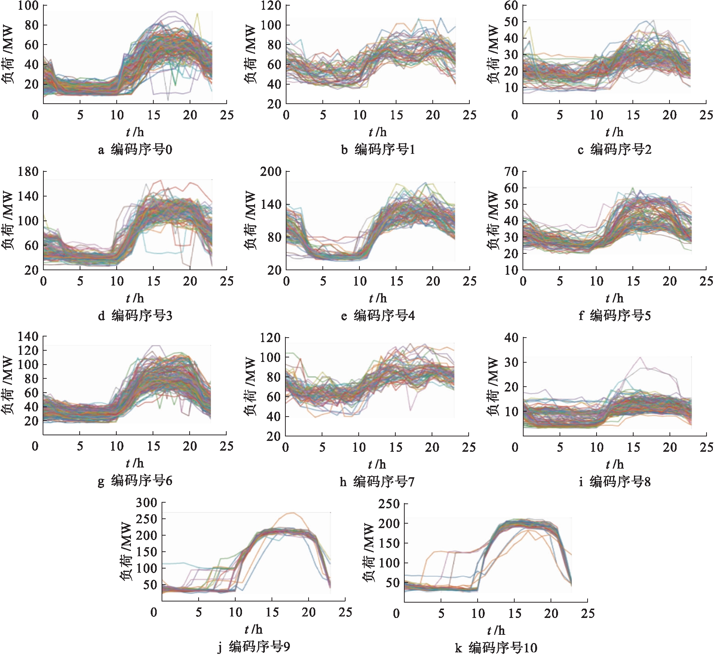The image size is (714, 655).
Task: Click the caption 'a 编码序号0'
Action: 135,150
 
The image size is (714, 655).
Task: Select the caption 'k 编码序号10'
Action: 496,648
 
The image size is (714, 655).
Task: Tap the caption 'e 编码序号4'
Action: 377,316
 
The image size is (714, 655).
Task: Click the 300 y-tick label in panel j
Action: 147,502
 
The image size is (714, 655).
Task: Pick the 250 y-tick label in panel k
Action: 389,504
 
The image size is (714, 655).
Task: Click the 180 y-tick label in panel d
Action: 28,172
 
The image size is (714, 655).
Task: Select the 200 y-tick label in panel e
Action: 271,172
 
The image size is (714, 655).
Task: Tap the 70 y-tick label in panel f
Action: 511,172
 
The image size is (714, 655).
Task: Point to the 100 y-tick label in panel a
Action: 28,6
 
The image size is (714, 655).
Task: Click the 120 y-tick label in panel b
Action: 271,6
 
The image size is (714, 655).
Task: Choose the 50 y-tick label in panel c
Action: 511,22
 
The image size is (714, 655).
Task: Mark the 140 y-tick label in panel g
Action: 28,336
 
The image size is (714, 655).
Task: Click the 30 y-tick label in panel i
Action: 511,362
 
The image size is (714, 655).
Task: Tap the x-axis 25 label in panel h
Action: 469,447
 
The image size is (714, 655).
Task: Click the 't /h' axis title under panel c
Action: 615,132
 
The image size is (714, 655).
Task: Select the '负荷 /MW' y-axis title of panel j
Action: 126,552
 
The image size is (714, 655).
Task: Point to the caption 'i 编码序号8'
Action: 615,482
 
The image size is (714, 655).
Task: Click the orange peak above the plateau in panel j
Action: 292,513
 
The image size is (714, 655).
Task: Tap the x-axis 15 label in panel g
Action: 153,446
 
